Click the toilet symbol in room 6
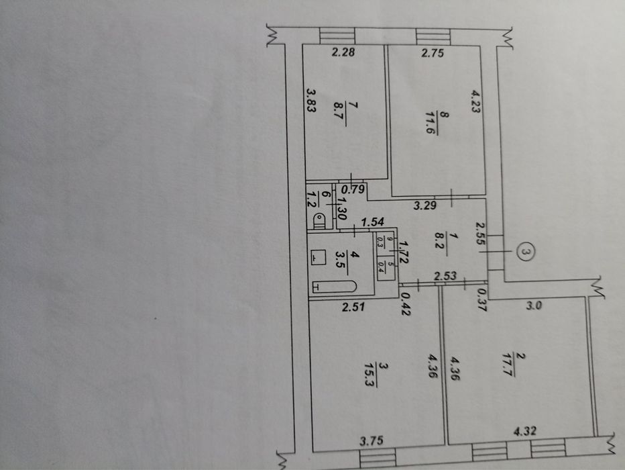pos(321,218)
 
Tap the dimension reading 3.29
pos(424,205)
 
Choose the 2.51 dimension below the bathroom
pos(352,308)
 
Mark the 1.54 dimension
pos(372,221)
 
